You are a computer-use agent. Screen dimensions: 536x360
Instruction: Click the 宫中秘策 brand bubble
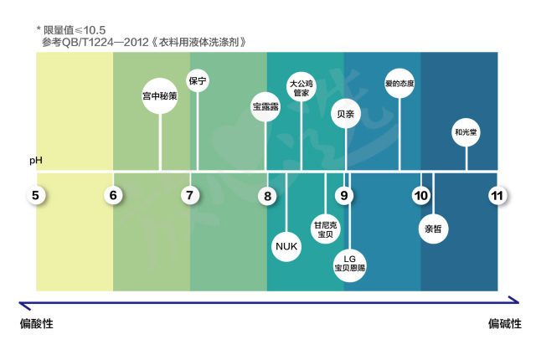coord(160,95)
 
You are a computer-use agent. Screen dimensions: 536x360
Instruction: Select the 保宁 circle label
coord(198,81)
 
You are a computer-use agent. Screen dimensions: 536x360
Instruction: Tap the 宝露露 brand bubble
coord(266,106)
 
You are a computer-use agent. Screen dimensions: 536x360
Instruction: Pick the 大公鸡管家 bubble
coord(301,88)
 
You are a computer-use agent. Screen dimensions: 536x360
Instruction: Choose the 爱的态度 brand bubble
coord(399,84)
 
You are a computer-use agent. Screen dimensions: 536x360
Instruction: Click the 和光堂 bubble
coord(466,131)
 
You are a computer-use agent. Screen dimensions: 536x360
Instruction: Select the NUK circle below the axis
coord(286,245)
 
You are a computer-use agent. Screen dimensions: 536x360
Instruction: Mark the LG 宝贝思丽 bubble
coord(350,263)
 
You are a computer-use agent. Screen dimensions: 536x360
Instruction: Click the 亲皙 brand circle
coord(433,228)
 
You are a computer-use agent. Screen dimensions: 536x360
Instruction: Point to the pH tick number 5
coord(36,196)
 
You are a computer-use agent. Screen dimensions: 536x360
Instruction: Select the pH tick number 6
coord(113,196)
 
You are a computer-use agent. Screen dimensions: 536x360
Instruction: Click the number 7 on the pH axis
coord(190,196)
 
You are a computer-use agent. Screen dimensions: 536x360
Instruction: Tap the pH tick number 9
coord(344,196)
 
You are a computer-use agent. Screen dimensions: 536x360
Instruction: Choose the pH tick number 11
coord(497,196)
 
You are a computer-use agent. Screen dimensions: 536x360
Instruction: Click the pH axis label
coord(36,159)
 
